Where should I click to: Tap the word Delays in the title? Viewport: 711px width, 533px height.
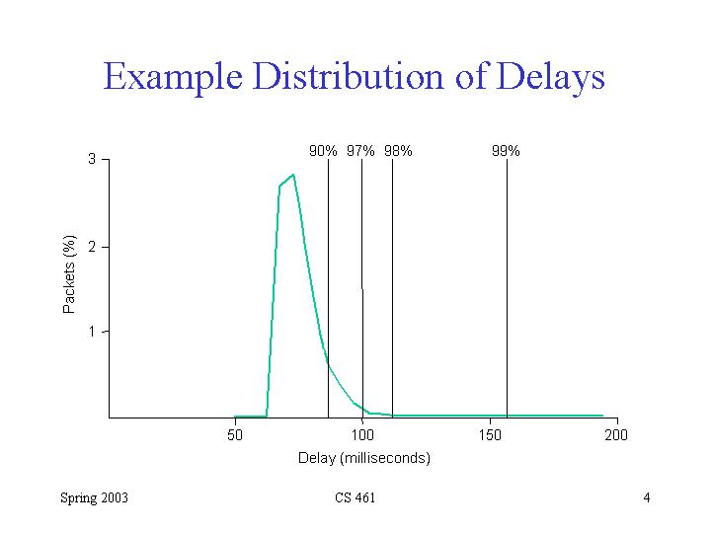click(544, 77)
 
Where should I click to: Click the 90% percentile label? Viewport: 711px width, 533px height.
click(324, 151)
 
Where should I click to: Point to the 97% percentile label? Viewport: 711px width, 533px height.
click(360, 151)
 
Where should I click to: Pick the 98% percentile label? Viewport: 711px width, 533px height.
click(398, 151)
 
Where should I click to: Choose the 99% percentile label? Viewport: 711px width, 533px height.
click(506, 151)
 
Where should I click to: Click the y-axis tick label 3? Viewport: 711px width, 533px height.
click(92, 159)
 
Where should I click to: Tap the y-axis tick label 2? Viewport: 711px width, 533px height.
click(92, 246)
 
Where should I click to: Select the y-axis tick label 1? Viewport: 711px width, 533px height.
click(92, 332)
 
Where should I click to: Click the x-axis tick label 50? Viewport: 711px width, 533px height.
click(235, 435)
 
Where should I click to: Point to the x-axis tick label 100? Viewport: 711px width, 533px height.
click(362, 435)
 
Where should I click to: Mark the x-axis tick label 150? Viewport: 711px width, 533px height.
click(490, 435)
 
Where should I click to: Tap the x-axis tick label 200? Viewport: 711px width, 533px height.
click(616, 435)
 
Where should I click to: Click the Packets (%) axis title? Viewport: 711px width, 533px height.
click(69, 273)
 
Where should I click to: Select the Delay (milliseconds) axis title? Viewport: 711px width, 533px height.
click(364, 458)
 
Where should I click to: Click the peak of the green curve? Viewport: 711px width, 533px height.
click(293, 175)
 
